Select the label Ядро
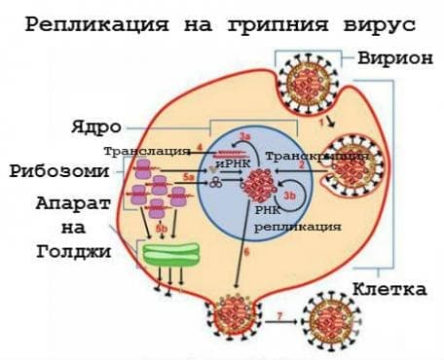(x=95, y=127)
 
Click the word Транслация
(x=146, y=153)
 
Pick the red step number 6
(x=246, y=252)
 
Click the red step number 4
(x=199, y=146)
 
